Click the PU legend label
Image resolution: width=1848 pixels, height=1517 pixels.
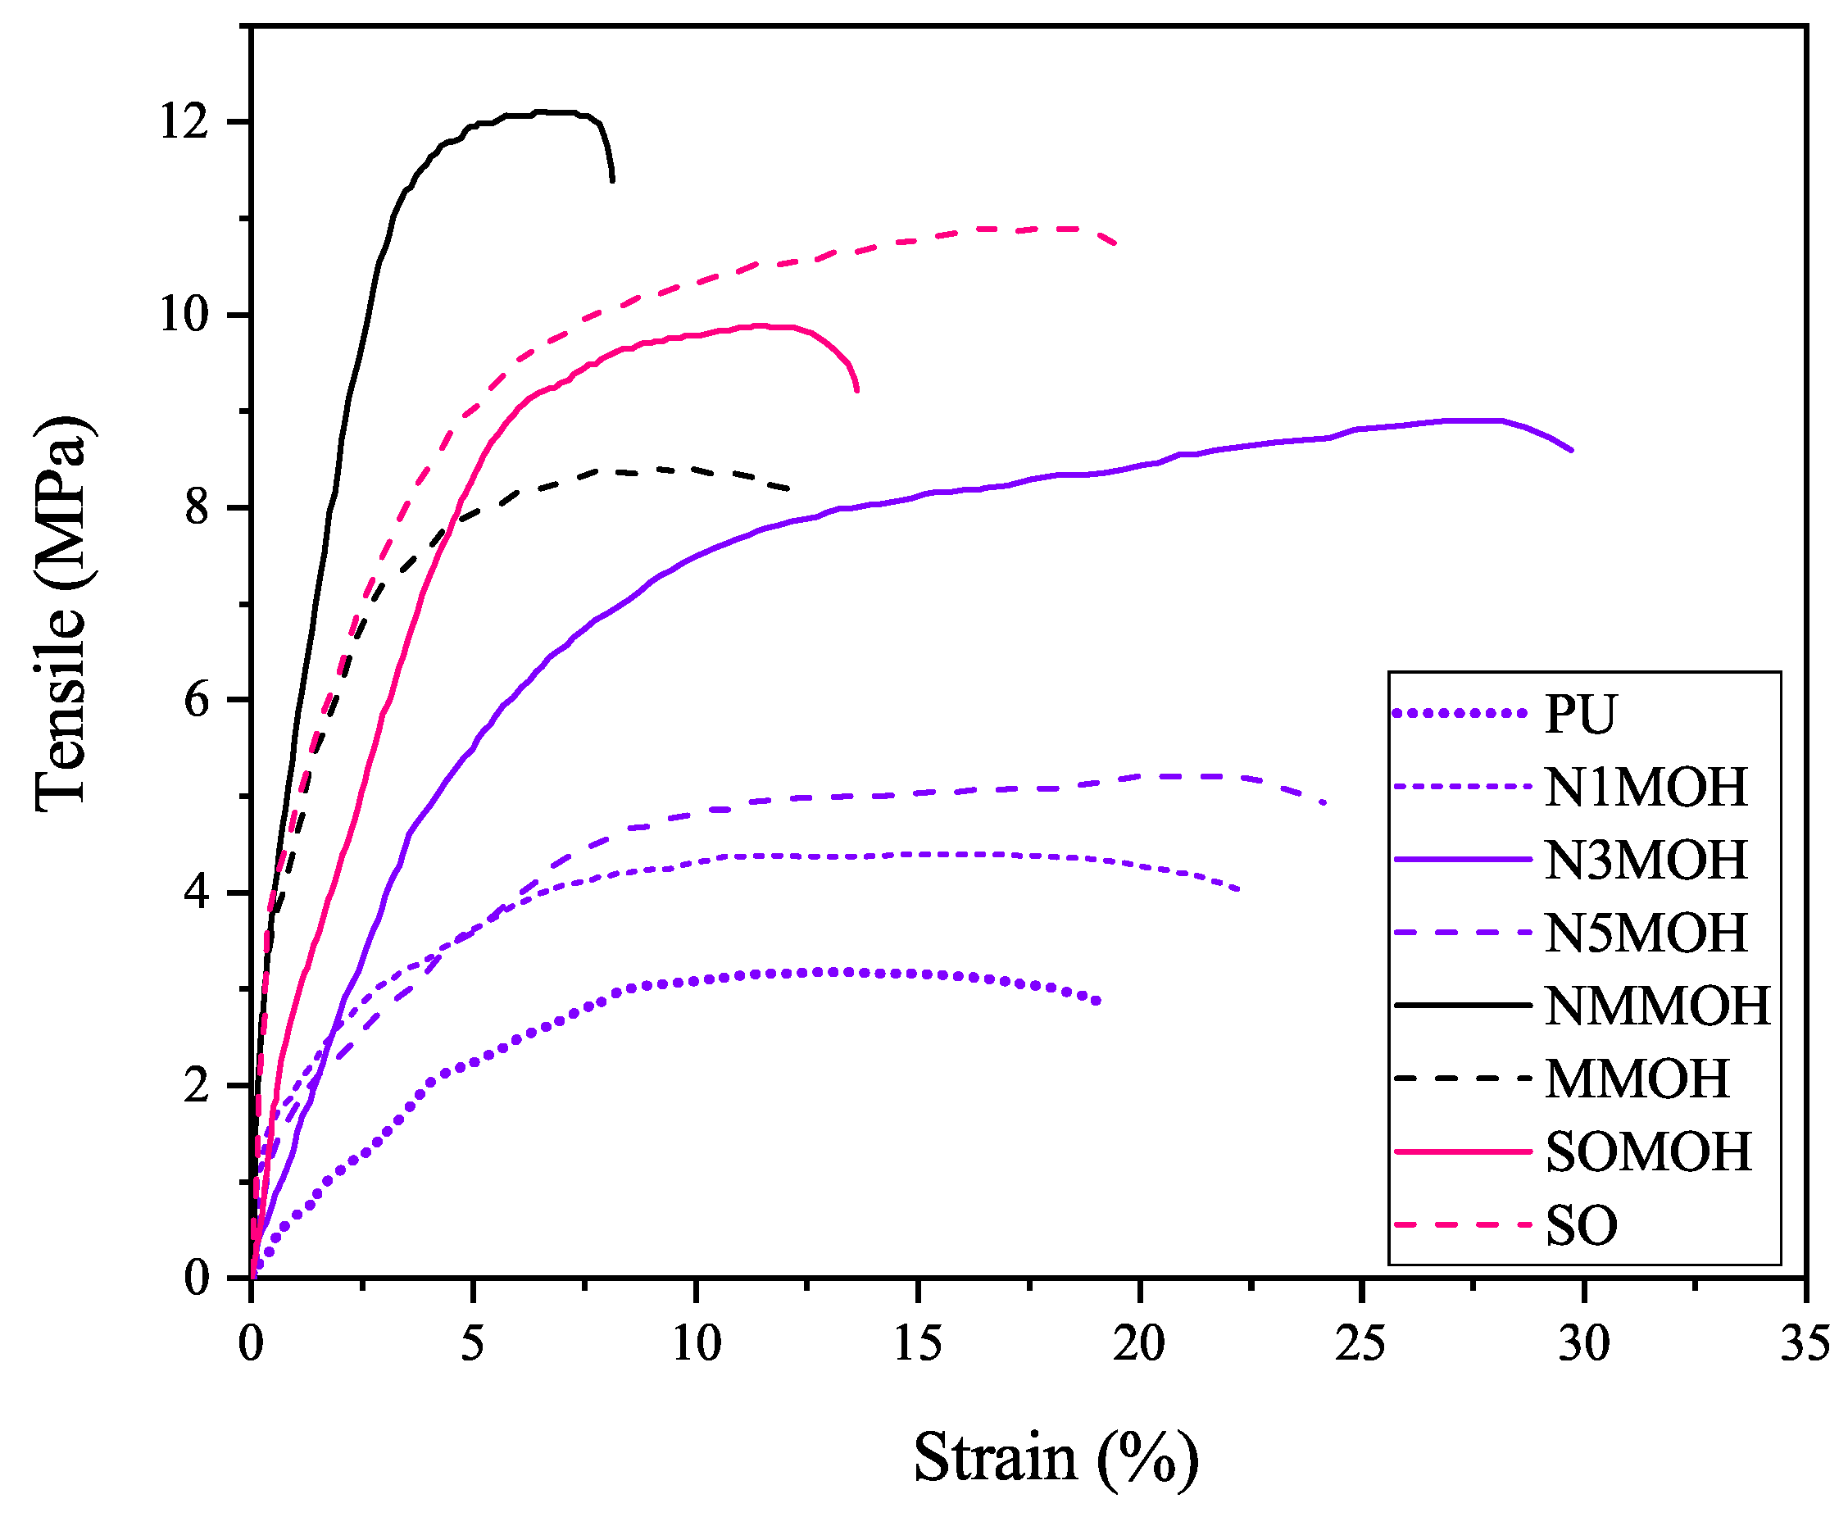click(1580, 715)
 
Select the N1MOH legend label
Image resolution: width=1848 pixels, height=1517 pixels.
click(1646, 788)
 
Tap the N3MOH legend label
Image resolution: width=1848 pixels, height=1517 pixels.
click(1646, 860)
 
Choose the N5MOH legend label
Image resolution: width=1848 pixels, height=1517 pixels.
click(1646, 933)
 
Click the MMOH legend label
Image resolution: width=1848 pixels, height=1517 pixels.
click(1637, 1079)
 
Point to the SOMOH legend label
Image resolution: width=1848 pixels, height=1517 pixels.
click(1648, 1151)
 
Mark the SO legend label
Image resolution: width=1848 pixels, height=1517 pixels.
click(1581, 1225)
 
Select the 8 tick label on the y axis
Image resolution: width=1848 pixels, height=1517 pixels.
click(197, 507)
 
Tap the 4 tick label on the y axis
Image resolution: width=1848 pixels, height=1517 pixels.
click(197, 893)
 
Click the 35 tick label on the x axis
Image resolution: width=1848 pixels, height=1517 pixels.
click(1805, 1343)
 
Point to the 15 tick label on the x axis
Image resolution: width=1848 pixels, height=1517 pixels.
click(918, 1343)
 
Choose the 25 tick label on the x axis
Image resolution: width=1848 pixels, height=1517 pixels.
click(1360, 1343)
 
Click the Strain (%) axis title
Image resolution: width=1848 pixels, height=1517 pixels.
click(1056, 1457)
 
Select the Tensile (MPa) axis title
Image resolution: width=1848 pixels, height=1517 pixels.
click(63, 614)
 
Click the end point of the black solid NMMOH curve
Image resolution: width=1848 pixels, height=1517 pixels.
click(611, 180)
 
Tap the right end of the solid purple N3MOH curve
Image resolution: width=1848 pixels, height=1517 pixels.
click(1571, 450)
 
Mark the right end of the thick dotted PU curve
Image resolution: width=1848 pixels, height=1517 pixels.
click(1097, 1001)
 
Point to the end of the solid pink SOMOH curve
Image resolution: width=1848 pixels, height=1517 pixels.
click(857, 390)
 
